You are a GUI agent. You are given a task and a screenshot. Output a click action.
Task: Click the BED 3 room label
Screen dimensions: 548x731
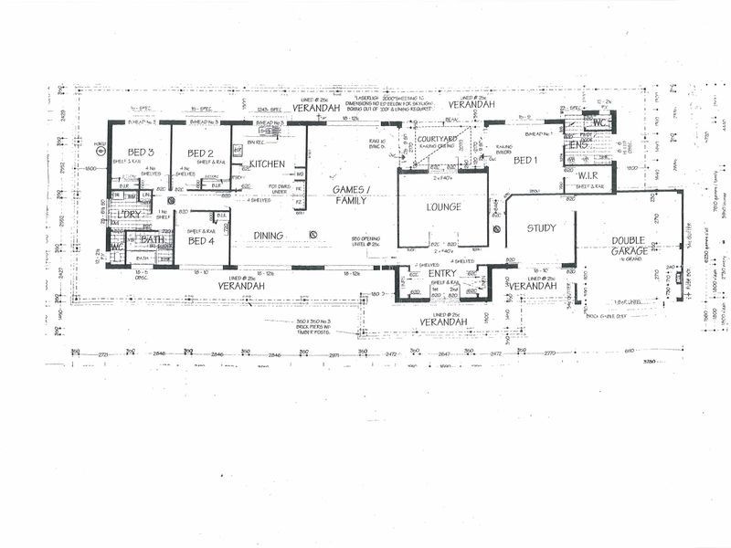[x=140, y=153]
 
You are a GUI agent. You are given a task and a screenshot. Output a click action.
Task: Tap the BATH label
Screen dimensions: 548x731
[x=152, y=239]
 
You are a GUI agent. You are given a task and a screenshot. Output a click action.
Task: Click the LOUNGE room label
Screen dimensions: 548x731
[x=443, y=207]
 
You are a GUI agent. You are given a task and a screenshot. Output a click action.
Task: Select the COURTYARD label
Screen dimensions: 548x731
[x=436, y=139]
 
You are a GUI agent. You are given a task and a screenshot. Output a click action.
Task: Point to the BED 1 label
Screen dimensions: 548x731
[x=525, y=161]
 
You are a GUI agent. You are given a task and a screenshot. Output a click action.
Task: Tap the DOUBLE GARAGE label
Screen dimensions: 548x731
[x=630, y=246]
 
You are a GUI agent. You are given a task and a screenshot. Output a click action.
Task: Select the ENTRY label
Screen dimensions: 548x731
[x=440, y=273]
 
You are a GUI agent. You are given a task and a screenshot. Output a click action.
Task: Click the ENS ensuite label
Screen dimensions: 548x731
[x=577, y=144]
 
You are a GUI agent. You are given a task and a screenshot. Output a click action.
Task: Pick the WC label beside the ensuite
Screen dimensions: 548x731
[x=599, y=122]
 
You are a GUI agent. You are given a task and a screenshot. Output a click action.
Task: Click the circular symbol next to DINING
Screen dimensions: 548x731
[x=313, y=236]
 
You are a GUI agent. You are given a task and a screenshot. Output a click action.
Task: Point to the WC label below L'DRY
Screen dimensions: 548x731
[x=116, y=247]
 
